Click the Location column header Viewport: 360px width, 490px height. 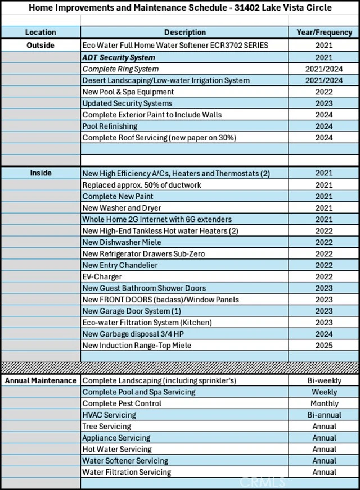pyautogui.click(x=40, y=33)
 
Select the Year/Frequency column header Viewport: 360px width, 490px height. pyautogui.click(x=324, y=33)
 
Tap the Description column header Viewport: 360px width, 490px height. pyautogui.click(x=185, y=33)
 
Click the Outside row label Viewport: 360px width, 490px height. pyautogui.click(x=40, y=45)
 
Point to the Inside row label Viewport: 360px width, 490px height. pyautogui.click(x=40, y=173)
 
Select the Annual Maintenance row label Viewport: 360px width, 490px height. pyautogui.click(x=40, y=380)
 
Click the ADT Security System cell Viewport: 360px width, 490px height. pyautogui.click(x=119, y=57)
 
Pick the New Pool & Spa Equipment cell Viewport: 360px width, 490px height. pyautogui.click(x=128, y=92)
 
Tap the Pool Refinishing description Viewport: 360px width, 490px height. pyautogui.click(x=110, y=126)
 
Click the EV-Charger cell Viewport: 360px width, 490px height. pyautogui.click(x=102, y=276)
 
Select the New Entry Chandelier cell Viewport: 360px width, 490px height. pyautogui.click(x=120, y=265)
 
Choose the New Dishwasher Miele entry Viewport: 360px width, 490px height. pyautogui.click(x=121, y=242)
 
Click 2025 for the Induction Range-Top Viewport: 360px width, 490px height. pyautogui.click(x=324, y=346)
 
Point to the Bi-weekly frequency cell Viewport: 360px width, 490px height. pyautogui.click(x=324, y=380)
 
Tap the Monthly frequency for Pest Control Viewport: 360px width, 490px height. pyautogui.click(x=324, y=403)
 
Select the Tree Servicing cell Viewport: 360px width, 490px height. pyautogui.click(x=107, y=427)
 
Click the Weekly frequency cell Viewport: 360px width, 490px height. pyautogui.click(x=324, y=392)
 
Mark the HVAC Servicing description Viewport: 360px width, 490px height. pyautogui.click(x=109, y=415)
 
